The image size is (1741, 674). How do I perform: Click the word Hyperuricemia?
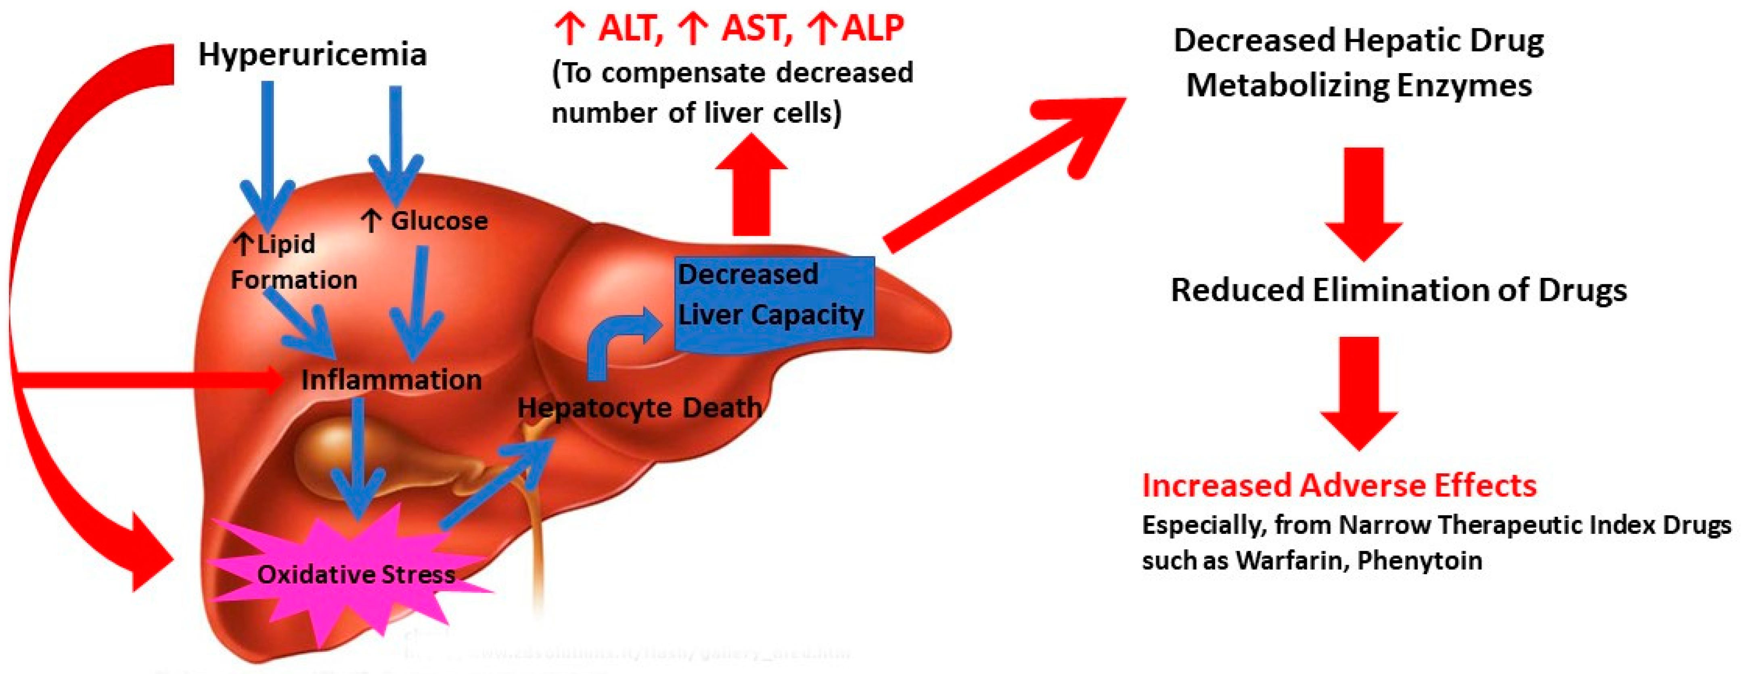click(312, 54)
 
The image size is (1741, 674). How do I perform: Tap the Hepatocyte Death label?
click(639, 407)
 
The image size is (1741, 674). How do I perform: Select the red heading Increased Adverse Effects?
click(1339, 485)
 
